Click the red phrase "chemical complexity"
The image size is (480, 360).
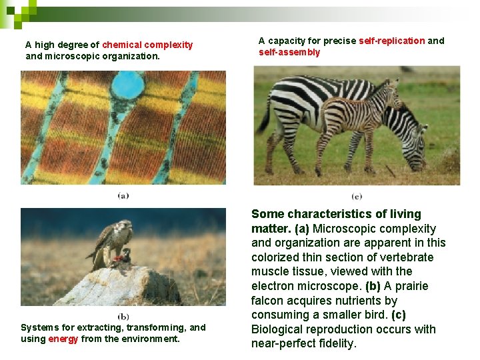pyautogui.click(x=147, y=45)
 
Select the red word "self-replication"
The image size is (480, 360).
pyautogui.click(x=391, y=41)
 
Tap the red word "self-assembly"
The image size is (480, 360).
pyautogui.click(x=289, y=52)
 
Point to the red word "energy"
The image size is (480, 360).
pyautogui.click(x=63, y=339)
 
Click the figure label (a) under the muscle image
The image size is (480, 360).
pyautogui.click(x=123, y=195)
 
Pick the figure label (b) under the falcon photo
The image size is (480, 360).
pyautogui.click(x=123, y=317)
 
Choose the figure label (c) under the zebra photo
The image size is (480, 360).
pyautogui.click(x=357, y=196)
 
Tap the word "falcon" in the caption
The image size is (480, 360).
pyautogui.click(x=269, y=301)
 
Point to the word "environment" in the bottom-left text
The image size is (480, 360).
pyautogui.click(x=151, y=339)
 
